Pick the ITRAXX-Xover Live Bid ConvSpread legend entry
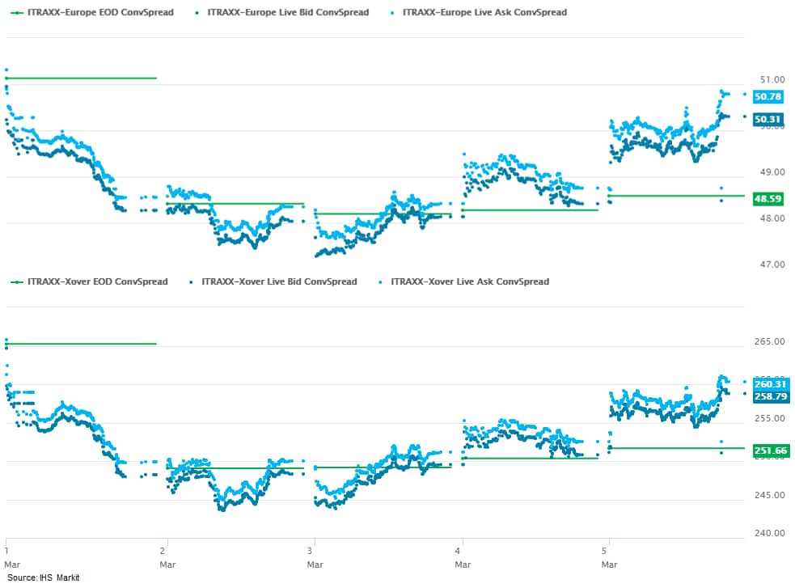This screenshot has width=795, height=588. click(278, 281)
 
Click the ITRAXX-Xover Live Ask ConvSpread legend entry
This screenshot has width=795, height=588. click(469, 281)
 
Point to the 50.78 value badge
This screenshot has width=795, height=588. click(768, 97)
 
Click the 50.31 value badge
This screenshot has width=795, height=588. click(768, 120)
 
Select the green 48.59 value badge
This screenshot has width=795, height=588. click(768, 198)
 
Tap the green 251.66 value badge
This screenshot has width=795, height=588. click(770, 451)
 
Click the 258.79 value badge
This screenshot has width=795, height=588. click(770, 396)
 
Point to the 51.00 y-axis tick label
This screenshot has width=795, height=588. click(773, 80)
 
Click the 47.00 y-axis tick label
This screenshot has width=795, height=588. click(773, 264)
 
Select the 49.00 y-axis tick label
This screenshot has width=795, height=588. click(773, 172)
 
